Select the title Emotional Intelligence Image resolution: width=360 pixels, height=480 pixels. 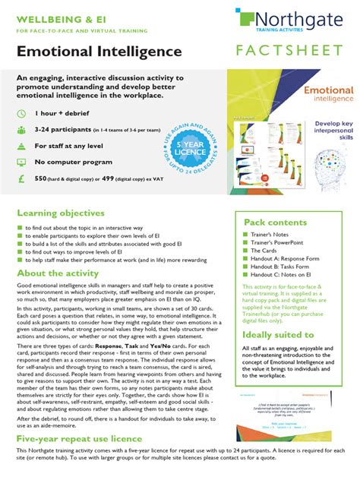pos(102,52)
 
